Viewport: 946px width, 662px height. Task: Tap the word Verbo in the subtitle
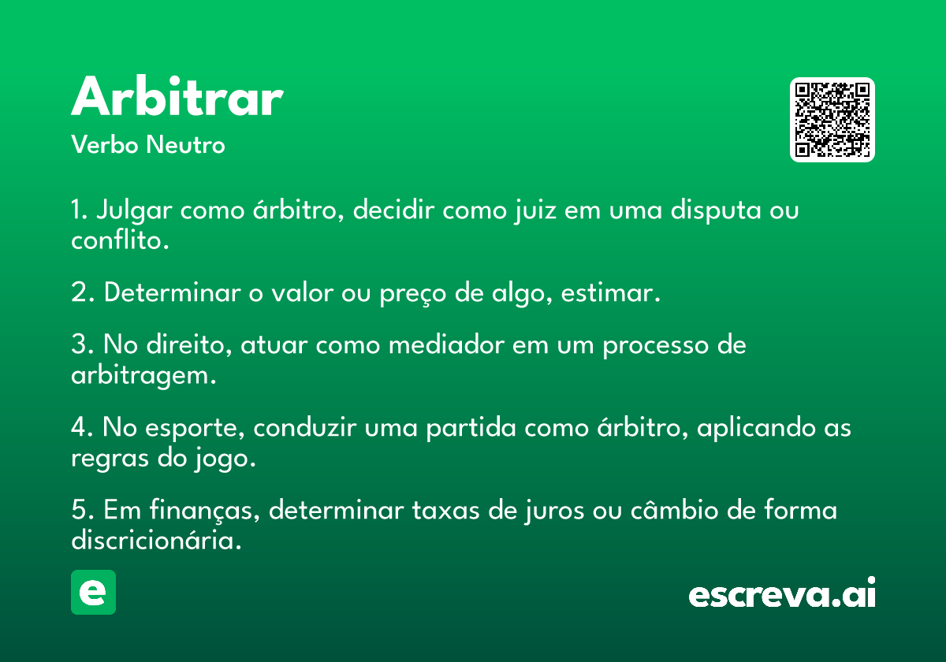105,144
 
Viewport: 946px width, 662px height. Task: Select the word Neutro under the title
185,144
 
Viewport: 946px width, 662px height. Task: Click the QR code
832,120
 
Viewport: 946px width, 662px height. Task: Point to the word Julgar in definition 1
134,210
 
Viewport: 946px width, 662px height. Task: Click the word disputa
716,210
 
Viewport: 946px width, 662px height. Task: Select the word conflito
120,240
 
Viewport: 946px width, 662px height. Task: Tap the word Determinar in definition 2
173,292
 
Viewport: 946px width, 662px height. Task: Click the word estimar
610,292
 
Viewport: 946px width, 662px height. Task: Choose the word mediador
446,344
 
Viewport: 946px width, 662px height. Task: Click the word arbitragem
143,375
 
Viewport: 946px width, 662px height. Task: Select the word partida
471,428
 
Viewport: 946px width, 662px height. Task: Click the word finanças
204,510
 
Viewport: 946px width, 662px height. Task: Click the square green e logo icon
93,592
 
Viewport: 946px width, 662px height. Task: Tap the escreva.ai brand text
782,592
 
